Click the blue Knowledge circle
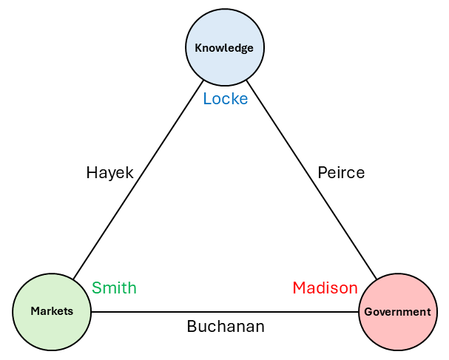(224, 48)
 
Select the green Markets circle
(52, 311)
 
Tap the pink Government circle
(397, 312)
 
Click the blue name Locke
(226, 98)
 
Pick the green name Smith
(114, 288)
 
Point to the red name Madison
(325, 288)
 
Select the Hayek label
(109, 173)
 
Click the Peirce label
(341, 173)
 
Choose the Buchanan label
(226, 326)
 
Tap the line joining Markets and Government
(222, 312)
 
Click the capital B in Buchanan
(192, 326)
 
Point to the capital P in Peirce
(322, 173)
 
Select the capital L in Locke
(207, 98)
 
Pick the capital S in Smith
(96, 288)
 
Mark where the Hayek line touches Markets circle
(73, 279)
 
